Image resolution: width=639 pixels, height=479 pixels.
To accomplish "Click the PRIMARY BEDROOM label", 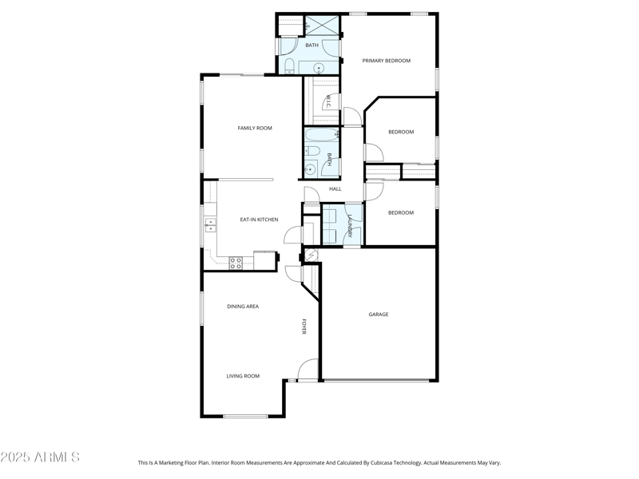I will point(386,61).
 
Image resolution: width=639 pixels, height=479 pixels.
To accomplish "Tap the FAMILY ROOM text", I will point(255,128).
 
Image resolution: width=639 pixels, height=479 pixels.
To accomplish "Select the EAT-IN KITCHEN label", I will point(259,219).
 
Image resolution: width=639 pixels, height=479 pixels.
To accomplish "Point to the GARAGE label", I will point(379,315).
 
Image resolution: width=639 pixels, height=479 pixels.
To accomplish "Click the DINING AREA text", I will point(243,307).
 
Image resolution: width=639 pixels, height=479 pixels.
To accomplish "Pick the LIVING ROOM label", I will point(243,376).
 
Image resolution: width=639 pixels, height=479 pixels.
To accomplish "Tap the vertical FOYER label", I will point(304,327).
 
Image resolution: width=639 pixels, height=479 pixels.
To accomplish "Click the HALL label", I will point(335,189).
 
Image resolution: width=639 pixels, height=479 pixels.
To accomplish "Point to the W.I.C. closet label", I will point(327,102).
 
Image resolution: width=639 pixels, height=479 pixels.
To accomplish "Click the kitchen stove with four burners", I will point(236,261).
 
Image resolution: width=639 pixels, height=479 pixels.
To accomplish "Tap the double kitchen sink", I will point(210,225).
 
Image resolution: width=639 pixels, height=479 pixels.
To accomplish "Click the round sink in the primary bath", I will point(318,68).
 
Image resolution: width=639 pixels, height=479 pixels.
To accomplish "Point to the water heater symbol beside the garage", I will point(312,255).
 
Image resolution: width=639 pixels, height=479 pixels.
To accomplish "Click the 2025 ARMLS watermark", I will point(40,457).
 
